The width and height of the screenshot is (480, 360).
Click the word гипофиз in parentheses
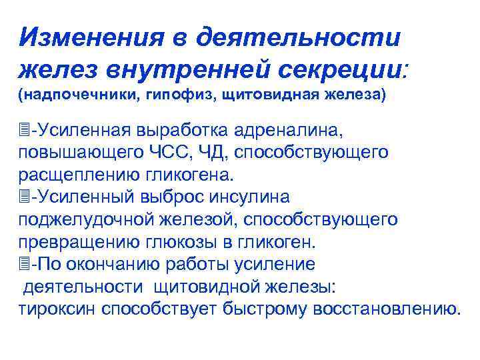[167, 95]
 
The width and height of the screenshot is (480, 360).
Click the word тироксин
[55, 310]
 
